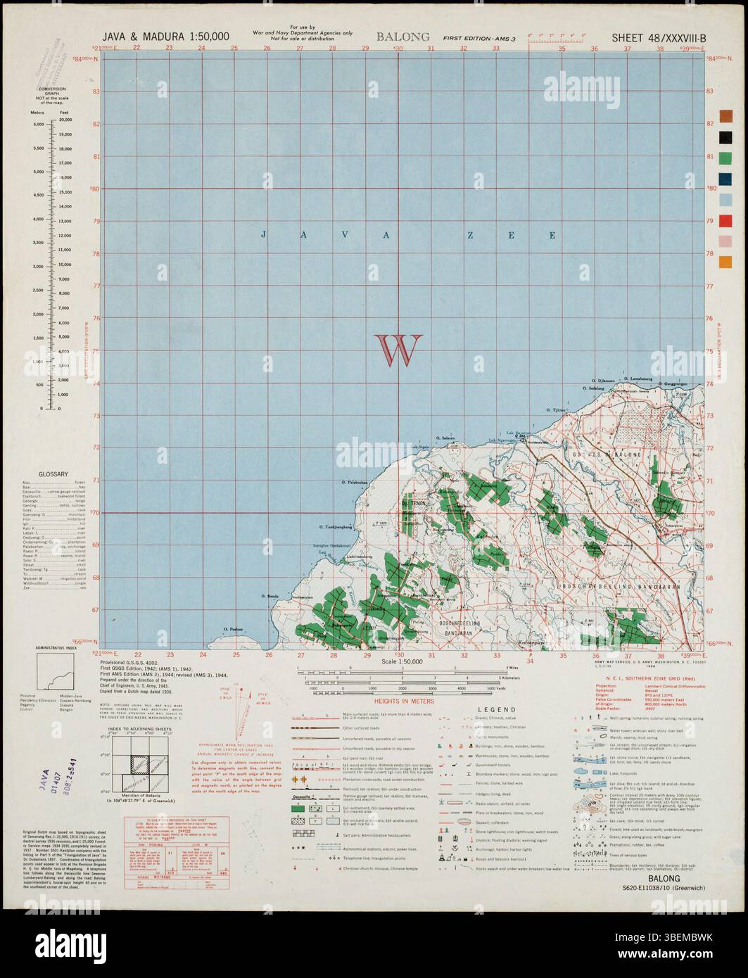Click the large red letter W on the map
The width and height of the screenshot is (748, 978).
tap(399, 350)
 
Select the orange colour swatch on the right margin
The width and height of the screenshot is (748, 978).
tap(725, 262)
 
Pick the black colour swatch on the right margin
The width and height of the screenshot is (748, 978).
tap(725, 136)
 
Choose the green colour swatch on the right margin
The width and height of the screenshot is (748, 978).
tap(725, 158)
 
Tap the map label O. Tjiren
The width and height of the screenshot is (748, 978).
tap(557, 409)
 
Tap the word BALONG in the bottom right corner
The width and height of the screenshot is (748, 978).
tap(664, 879)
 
